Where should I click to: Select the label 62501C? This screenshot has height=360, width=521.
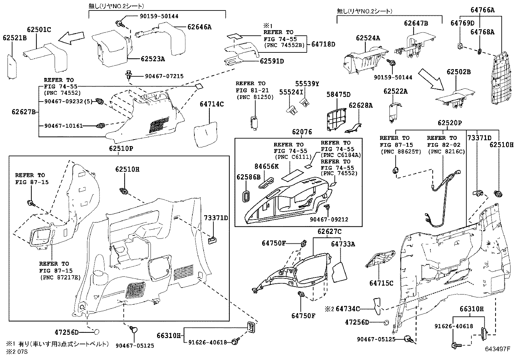(x=39, y=30)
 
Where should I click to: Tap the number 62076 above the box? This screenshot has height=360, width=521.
(x=302, y=132)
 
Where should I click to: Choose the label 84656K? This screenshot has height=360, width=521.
(x=266, y=166)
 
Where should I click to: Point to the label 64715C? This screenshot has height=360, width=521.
(x=381, y=283)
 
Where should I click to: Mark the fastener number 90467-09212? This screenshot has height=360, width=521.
(x=330, y=219)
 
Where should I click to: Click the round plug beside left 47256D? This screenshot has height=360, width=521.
(x=97, y=332)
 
